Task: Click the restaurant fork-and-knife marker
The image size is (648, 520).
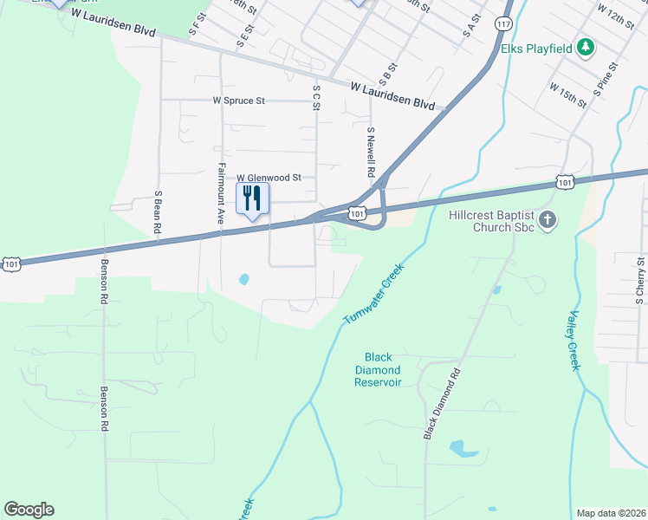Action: (252, 198)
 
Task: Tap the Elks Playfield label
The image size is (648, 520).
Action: (537, 48)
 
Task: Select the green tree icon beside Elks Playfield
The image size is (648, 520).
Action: (586, 47)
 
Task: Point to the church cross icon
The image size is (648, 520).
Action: (547, 221)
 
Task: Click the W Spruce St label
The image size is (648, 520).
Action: (239, 101)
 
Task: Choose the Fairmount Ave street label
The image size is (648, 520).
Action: (222, 194)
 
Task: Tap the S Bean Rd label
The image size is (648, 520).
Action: (159, 212)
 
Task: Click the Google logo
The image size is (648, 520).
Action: (29, 510)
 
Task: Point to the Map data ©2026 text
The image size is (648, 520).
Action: (610, 512)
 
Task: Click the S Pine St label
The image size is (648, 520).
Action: (605, 78)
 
